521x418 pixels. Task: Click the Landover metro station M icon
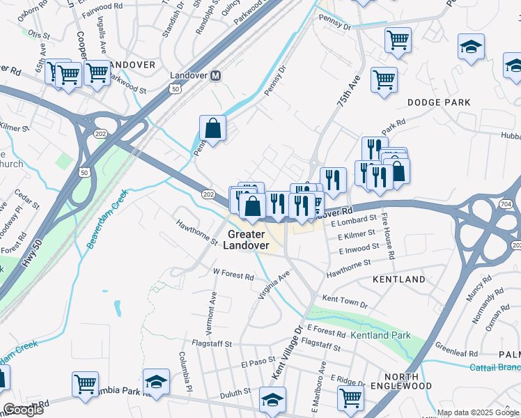tap(216, 75)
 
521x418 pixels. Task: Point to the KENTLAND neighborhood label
tap(398, 279)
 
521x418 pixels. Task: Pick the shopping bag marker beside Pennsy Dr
tap(212, 130)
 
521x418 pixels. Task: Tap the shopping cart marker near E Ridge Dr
tap(350, 398)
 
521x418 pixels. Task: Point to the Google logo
tap(23, 410)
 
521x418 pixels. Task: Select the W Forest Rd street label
tap(233, 274)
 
